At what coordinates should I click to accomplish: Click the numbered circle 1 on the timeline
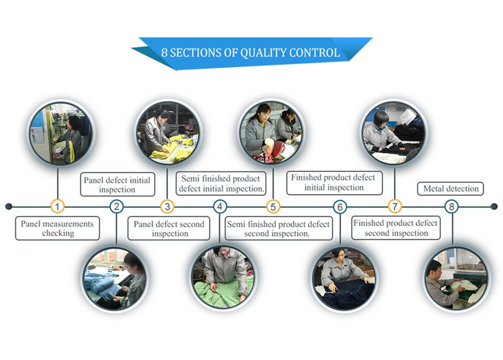[x=58, y=206]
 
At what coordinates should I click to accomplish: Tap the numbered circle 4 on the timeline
[x=220, y=206]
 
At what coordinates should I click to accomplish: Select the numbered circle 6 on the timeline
[x=340, y=206]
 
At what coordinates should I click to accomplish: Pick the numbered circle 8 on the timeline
[x=451, y=206]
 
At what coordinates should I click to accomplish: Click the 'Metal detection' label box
[x=450, y=188]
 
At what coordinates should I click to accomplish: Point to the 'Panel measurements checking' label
[x=58, y=229]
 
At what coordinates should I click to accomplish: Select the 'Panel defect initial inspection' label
[x=117, y=184]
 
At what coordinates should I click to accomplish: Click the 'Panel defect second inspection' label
[x=169, y=229]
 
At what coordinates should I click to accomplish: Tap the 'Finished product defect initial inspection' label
[x=334, y=183]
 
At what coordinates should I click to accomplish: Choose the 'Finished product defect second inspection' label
[x=396, y=228]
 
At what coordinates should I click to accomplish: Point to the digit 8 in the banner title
[x=164, y=53]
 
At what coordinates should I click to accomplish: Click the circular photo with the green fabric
[x=223, y=278]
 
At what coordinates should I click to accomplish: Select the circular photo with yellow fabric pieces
[x=168, y=133]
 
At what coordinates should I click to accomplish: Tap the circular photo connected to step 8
[x=456, y=279]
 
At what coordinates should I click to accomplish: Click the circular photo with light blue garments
[x=115, y=279]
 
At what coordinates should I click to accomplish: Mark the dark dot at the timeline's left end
[x=9, y=206]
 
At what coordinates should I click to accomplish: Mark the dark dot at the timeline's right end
[x=494, y=206]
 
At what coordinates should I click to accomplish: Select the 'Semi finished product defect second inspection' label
[x=279, y=229]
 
